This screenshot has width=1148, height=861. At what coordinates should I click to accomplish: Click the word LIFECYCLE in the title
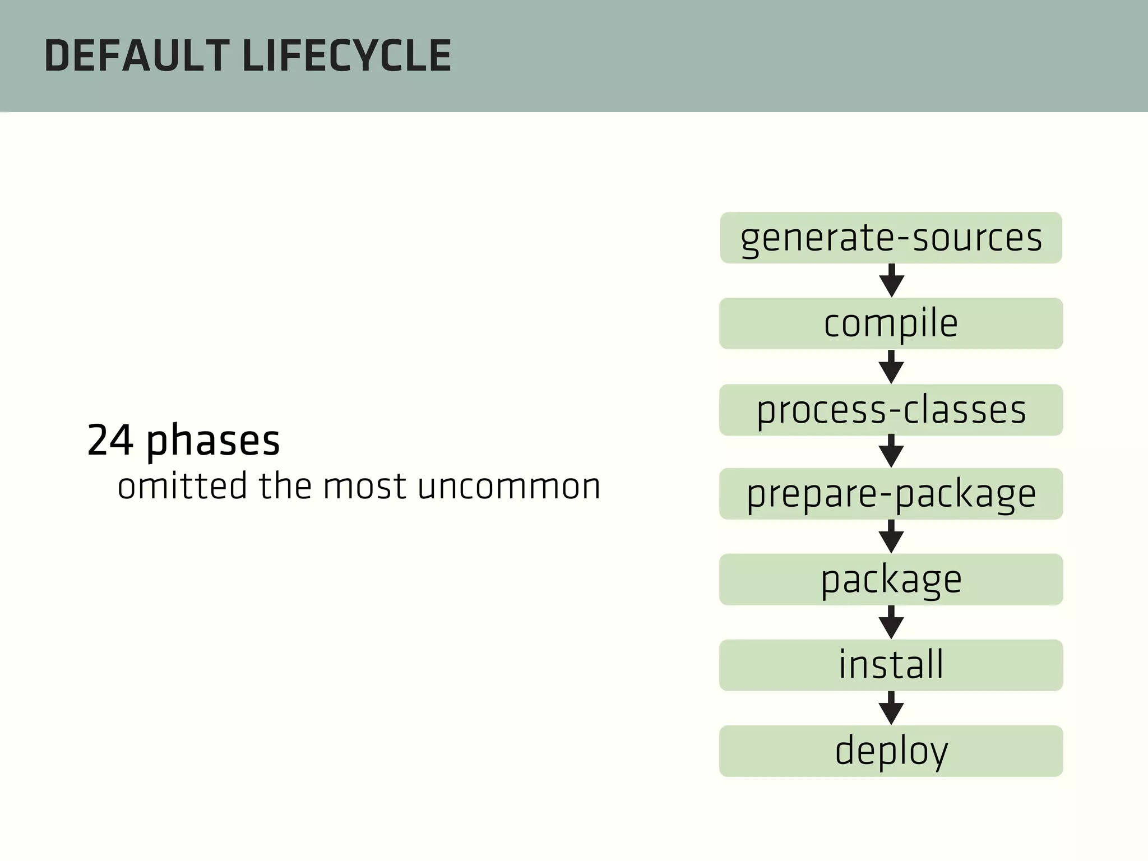(347, 57)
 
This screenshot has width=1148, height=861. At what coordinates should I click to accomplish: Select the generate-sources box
(891, 238)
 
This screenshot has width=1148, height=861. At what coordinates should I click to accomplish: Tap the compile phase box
(891, 323)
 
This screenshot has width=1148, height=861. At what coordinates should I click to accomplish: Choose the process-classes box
(891, 410)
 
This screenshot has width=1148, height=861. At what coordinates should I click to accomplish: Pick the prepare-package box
(891, 494)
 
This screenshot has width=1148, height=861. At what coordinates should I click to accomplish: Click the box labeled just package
(891, 580)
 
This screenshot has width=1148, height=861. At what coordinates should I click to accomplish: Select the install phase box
(891, 665)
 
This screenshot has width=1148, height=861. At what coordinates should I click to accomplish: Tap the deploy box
(891, 751)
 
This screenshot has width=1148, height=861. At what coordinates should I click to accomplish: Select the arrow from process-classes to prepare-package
(891, 452)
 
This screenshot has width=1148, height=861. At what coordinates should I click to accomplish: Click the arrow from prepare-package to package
(891, 537)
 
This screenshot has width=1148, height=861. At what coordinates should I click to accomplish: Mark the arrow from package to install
(891, 623)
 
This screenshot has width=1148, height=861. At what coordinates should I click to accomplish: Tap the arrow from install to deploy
(891, 709)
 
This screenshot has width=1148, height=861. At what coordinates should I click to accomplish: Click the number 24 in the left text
(110, 441)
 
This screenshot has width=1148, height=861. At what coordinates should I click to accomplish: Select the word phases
(213, 442)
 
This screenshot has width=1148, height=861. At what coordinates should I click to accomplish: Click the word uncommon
(509, 487)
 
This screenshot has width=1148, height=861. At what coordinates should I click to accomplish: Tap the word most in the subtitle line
(364, 487)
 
